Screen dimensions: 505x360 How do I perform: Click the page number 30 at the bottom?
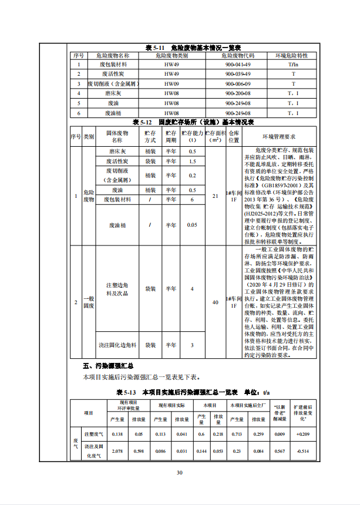(180, 473)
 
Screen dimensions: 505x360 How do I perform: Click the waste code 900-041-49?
(237, 64)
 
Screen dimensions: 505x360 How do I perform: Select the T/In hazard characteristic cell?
(293, 64)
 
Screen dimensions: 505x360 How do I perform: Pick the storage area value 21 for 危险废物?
(215, 196)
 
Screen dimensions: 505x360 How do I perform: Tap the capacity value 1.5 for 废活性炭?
(192, 161)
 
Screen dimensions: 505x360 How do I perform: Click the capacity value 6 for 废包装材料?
(192, 200)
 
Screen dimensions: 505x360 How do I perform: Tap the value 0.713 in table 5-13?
(239, 434)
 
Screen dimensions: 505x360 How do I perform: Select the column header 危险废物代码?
(237, 55)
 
